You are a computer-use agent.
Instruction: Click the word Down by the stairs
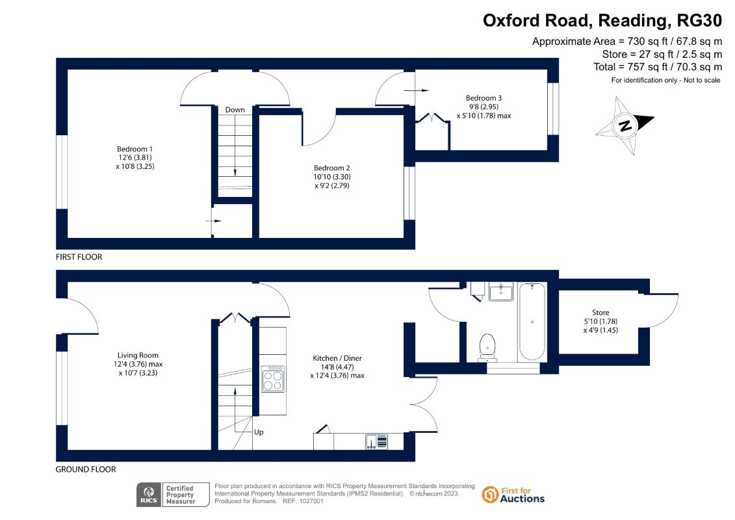235,110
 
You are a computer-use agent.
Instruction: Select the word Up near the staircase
259,432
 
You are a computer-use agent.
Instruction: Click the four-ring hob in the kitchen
273,379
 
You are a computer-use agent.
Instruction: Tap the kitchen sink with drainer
377,442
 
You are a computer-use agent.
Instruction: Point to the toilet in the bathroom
487,348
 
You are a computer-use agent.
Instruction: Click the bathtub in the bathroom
532,322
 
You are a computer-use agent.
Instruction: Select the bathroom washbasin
501,292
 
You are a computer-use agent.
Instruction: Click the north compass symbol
625,125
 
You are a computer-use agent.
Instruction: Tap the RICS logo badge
149,495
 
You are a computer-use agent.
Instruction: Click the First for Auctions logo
513,495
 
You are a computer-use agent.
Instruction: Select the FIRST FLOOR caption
79,257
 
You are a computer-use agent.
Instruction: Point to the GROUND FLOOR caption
86,469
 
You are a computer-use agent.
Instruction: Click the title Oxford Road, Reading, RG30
602,21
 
